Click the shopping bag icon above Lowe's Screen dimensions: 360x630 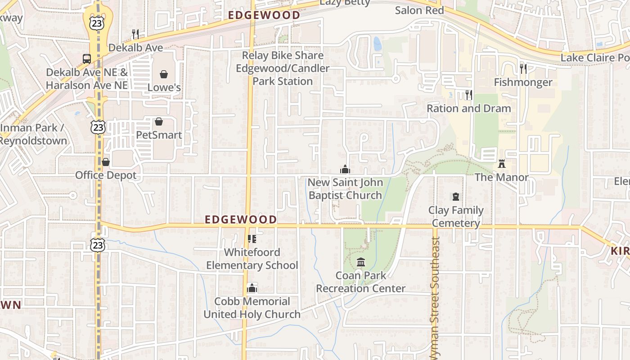click(x=164, y=74)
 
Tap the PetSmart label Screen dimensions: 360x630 click(x=159, y=135)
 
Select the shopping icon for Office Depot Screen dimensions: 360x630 click(x=106, y=162)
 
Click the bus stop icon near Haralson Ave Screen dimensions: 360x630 click(x=86, y=58)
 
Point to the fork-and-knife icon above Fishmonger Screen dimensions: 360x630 click(x=523, y=69)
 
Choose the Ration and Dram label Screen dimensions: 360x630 click(x=468, y=108)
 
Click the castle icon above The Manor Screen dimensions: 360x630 click(x=502, y=164)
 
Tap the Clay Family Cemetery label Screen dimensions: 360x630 click(x=456, y=216)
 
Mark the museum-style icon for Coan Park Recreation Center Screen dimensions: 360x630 click(x=361, y=262)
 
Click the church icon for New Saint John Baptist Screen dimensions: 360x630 click(x=345, y=169)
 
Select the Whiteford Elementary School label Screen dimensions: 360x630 click(x=252, y=259)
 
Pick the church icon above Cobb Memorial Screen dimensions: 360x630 click(x=252, y=288)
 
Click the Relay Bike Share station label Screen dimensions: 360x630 click(x=283, y=68)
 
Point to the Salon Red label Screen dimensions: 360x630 click(x=419, y=10)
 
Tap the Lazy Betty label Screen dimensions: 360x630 click(x=345, y=3)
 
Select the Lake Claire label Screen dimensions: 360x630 click(x=594, y=58)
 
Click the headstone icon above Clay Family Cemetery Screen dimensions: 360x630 click(x=456, y=197)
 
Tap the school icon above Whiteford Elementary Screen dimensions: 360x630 click(x=252, y=238)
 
